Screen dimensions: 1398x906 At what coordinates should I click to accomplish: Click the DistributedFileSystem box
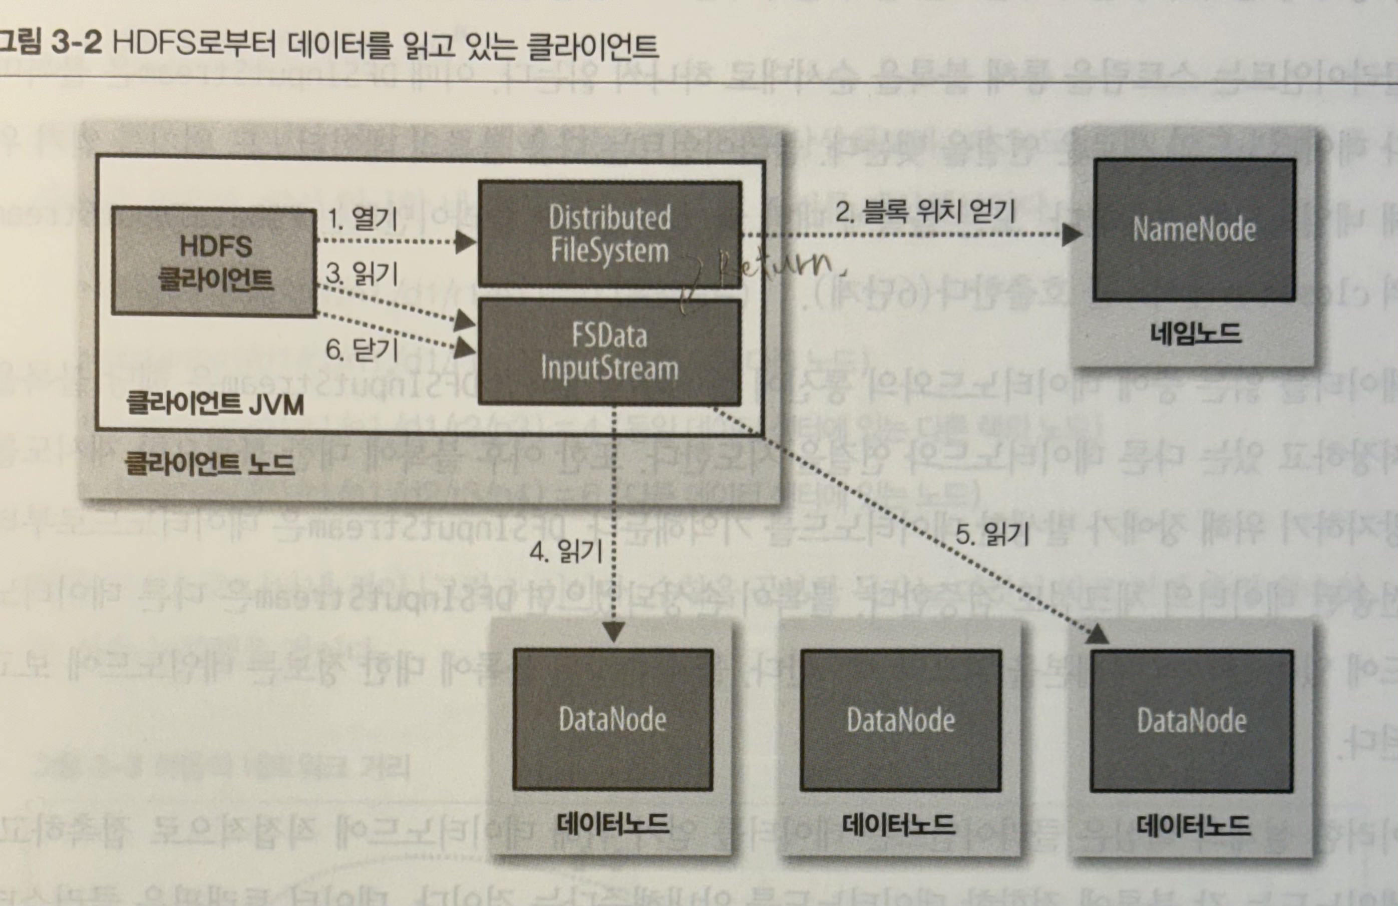[609, 234]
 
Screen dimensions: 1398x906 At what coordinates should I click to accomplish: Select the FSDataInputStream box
[609, 352]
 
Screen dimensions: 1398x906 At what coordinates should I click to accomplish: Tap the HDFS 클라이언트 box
[214, 262]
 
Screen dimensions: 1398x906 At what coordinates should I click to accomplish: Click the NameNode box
[1194, 230]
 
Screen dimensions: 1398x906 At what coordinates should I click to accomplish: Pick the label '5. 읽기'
[992, 534]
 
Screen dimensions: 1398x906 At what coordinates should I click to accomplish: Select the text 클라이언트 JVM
[215, 405]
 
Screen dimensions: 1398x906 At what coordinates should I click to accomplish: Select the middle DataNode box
[900, 720]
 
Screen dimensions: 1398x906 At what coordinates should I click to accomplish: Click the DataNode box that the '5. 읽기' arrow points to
[1191, 721]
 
